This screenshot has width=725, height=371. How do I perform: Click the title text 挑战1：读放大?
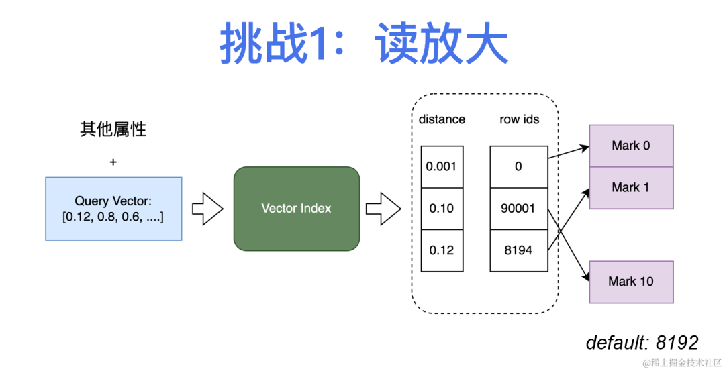[x=363, y=46]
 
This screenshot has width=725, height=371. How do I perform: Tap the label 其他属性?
[x=113, y=129]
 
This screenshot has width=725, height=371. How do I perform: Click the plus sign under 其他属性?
[x=113, y=162]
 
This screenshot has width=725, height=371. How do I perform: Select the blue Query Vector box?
[x=113, y=209]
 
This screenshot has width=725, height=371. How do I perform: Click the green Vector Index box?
[x=296, y=209]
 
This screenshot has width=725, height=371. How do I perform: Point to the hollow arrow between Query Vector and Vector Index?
[x=207, y=209]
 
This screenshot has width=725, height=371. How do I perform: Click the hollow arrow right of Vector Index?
[x=383, y=209]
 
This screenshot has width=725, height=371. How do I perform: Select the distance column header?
[x=442, y=119]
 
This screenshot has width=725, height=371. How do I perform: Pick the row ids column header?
[x=519, y=119]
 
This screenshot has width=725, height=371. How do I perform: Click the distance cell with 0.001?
[x=442, y=166]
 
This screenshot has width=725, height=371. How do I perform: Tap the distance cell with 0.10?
[x=442, y=209]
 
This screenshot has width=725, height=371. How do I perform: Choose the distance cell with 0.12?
[x=442, y=250]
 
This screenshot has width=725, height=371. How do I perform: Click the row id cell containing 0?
[x=518, y=166]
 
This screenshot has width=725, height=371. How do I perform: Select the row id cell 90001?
[x=518, y=209]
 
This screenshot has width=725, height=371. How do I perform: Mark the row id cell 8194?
[x=518, y=250]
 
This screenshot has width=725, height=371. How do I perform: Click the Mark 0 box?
[x=631, y=146]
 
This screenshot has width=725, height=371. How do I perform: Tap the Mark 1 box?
[x=631, y=188]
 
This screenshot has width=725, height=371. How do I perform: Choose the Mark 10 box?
[x=631, y=282]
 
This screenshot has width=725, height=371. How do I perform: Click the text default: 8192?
[x=642, y=342]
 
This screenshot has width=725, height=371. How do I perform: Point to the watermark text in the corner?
[x=681, y=363]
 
